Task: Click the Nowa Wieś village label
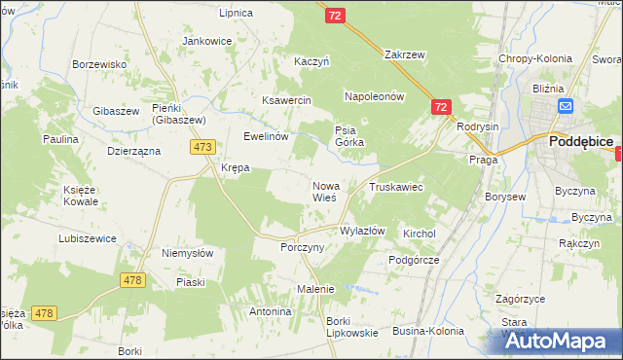click(324, 191)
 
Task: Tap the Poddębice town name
click(580, 141)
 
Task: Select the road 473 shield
click(202, 147)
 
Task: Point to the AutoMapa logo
click(561, 342)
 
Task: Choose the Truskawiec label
click(395, 186)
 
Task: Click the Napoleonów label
click(374, 97)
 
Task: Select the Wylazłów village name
click(362, 232)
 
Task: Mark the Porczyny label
click(301, 248)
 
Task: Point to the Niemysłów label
click(187, 253)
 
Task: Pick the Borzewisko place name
click(100, 64)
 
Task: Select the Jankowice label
click(206, 42)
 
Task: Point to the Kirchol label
click(419, 234)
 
